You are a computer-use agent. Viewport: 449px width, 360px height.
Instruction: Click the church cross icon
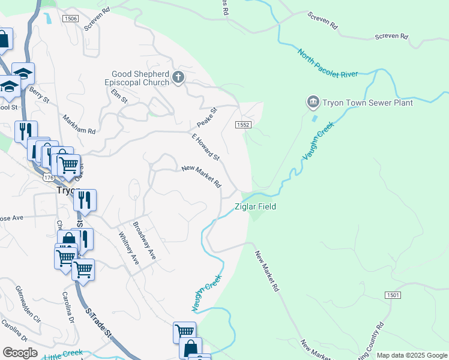coord(178,77)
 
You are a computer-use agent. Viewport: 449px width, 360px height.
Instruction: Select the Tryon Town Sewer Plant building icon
coord(313,103)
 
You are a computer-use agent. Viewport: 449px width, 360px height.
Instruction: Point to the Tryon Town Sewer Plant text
coord(368,103)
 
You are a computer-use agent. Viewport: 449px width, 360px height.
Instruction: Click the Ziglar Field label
coord(255,206)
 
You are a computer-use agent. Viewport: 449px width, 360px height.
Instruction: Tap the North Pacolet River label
coord(327,62)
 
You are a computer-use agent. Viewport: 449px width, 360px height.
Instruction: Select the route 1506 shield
coord(70,19)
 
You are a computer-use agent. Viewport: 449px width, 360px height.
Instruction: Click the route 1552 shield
coord(243,124)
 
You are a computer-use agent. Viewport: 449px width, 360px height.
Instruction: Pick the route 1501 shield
coord(393,295)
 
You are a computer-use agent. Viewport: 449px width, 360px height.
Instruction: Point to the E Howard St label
coord(206,147)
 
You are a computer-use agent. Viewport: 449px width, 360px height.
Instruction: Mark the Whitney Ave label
coord(129,248)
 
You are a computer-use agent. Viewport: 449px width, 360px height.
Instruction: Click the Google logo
coord(20,353)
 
